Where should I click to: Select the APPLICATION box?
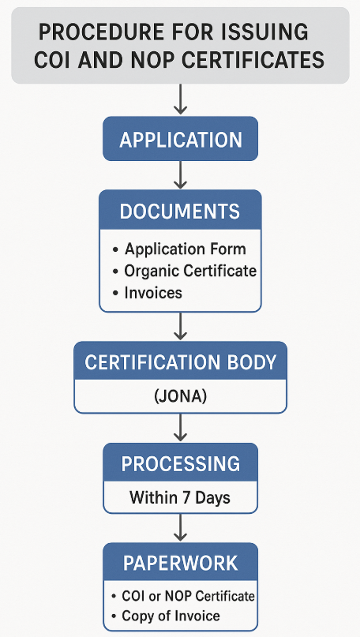pos(181,139)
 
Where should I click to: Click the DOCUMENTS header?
pos(180,211)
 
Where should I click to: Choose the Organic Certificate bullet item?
pos(185,271)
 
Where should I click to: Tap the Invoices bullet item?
pos(148,293)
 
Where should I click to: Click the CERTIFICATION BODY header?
pos(181,362)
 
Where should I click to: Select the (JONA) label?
pos(181,396)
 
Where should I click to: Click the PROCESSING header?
pos(181,463)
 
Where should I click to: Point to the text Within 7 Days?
pos(180,497)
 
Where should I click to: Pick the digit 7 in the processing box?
pos(186,497)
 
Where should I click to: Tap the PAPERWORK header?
pos(181,563)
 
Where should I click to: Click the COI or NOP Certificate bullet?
pos(183,596)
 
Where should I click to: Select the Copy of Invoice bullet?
pos(166,616)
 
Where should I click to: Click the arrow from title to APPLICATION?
pos(180,99)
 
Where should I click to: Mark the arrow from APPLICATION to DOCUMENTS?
pos(180,174)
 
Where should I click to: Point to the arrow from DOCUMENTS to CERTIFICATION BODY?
pos(180,326)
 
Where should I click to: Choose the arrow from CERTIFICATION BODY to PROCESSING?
pos(180,427)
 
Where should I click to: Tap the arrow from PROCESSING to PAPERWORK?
pos(180,528)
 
